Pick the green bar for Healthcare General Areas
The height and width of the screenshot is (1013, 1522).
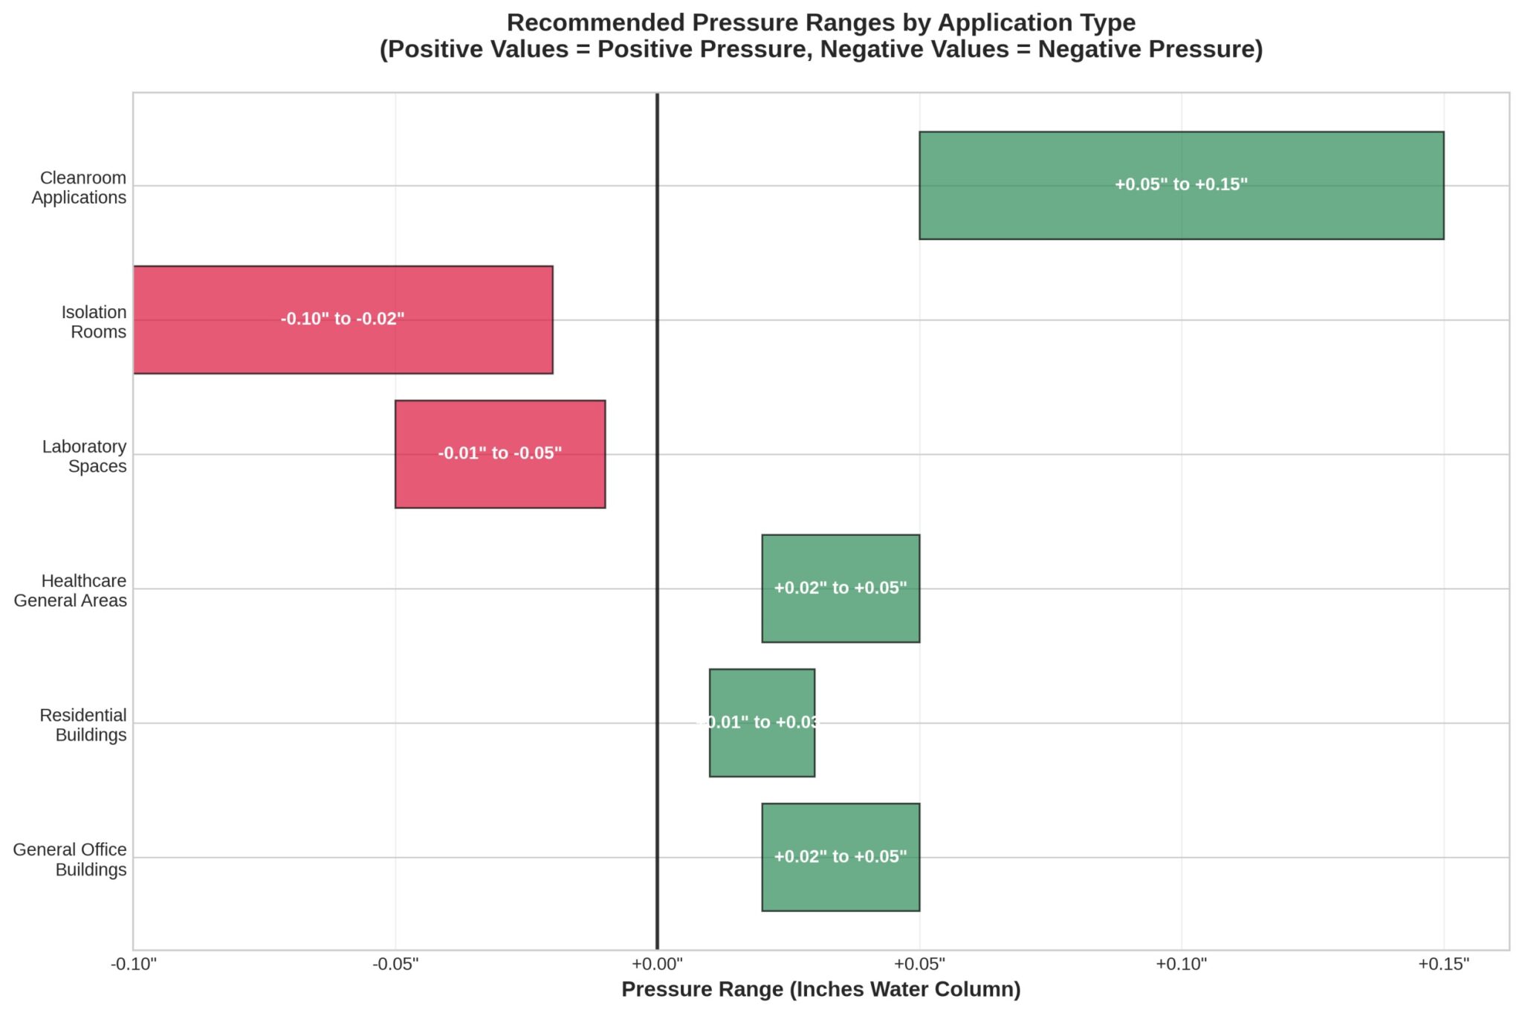click(x=841, y=617)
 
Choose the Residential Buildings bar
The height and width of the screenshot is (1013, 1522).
click(x=762, y=751)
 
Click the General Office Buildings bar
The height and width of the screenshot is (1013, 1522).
click(x=841, y=884)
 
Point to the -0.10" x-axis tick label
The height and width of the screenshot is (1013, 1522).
click(x=134, y=965)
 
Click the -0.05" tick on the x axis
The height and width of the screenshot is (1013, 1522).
click(x=395, y=965)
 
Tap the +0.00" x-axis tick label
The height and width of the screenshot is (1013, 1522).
click(x=657, y=965)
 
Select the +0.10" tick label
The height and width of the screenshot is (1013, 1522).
click(x=1182, y=965)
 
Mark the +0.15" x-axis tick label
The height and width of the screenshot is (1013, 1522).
click(x=1443, y=965)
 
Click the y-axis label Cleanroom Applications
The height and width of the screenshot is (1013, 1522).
click(x=79, y=187)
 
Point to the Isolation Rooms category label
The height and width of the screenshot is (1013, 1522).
click(x=94, y=322)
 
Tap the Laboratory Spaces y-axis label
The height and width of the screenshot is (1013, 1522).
click(x=84, y=456)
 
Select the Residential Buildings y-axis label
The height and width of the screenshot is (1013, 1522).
click(x=83, y=725)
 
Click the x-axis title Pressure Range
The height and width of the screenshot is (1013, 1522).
click(x=820, y=990)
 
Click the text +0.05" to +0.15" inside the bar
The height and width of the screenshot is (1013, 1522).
click(x=1181, y=184)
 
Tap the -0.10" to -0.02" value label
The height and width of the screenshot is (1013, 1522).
click(x=343, y=319)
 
